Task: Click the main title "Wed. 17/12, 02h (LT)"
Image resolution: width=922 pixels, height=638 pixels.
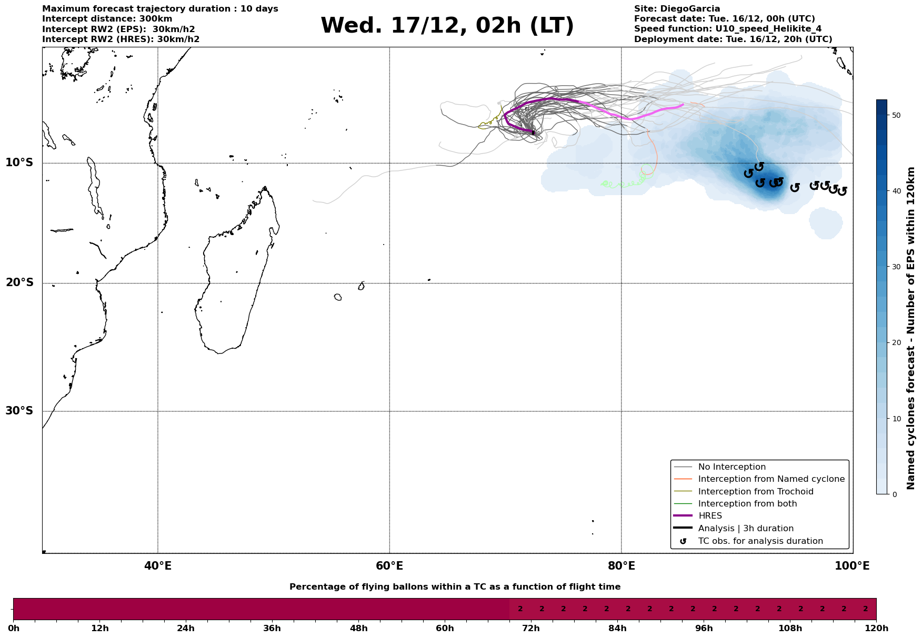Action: point(447,26)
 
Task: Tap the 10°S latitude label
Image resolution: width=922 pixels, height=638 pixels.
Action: point(19,163)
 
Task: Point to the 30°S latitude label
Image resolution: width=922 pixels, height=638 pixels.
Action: point(19,411)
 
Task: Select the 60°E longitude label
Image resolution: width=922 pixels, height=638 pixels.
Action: point(389,566)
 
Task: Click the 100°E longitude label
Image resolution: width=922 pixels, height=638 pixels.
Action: point(852,566)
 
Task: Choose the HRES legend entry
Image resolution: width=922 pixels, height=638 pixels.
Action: point(710,516)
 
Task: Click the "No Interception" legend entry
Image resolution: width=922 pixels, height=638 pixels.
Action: point(731,467)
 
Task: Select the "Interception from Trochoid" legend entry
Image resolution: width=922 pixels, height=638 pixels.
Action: point(755,492)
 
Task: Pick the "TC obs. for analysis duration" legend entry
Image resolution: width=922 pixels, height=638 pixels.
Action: point(760,541)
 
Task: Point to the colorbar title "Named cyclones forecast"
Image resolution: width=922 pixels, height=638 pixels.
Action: point(911,328)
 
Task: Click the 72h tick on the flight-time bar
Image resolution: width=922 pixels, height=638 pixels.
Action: point(531,629)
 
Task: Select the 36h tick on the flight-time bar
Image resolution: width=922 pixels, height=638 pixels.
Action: point(272,629)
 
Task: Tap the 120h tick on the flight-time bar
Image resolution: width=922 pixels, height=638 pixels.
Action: point(876,629)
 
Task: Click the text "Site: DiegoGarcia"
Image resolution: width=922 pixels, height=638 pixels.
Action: point(677,9)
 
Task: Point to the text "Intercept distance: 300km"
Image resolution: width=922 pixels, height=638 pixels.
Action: point(107,19)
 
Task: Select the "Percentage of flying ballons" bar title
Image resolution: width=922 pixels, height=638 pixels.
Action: point(455,587)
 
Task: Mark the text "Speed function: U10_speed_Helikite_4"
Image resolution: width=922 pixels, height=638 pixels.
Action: point(727,29)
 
